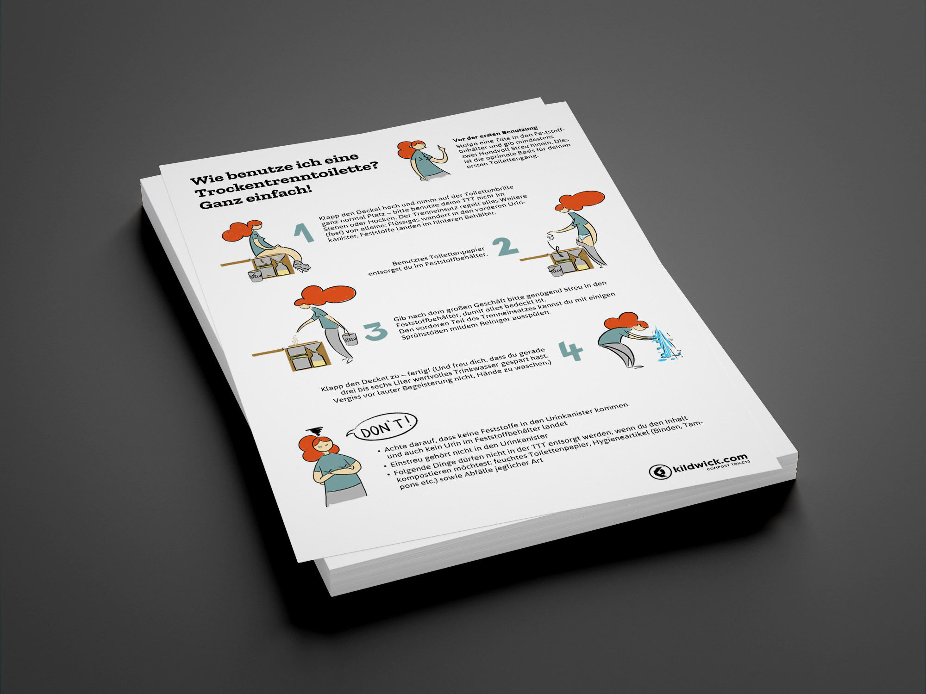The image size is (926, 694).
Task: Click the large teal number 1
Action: click(304, 233)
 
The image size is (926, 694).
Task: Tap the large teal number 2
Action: click(505, 247)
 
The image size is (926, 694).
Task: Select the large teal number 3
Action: click(375, 330)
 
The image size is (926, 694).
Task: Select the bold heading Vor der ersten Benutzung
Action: click(495, 134)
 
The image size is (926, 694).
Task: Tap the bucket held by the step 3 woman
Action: click(350, 338)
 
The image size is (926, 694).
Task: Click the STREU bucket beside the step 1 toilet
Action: click(256, 276)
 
